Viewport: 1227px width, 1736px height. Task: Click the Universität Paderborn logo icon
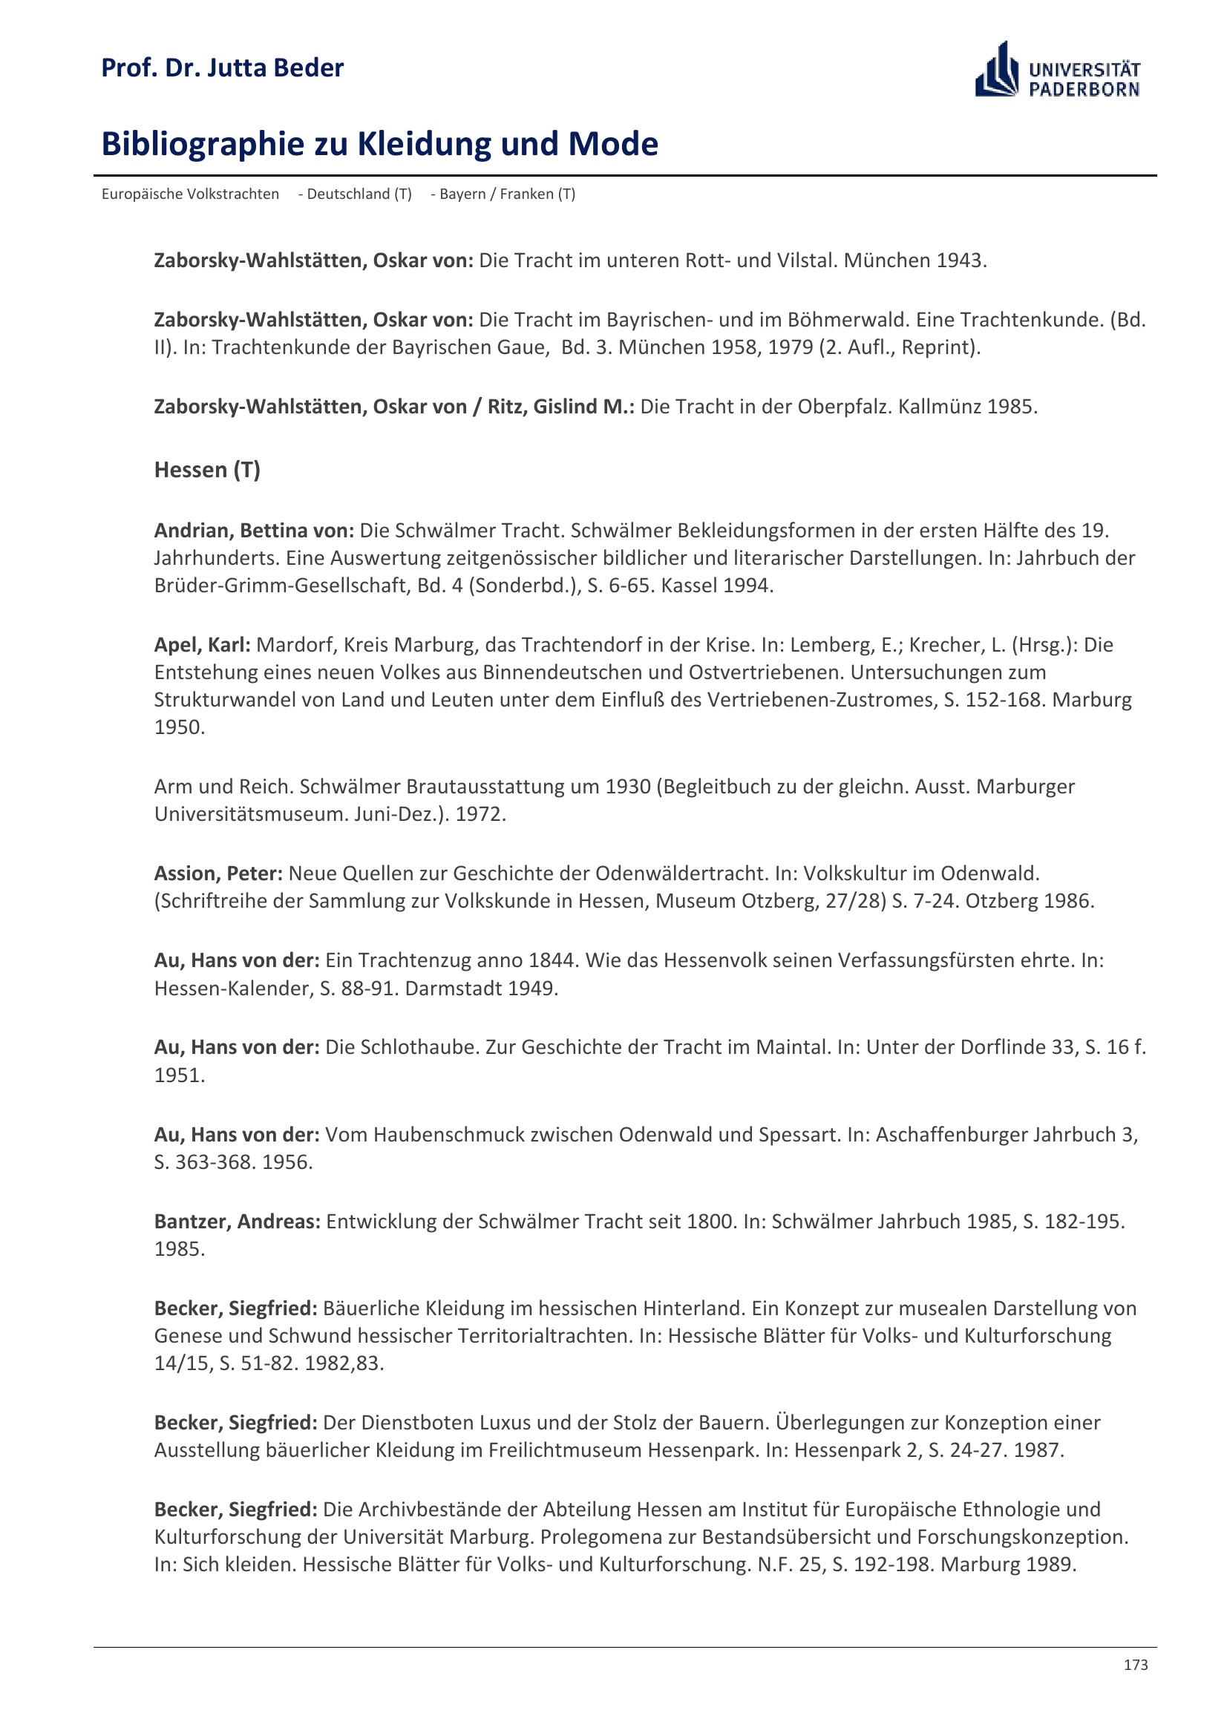click(x=996, y=71)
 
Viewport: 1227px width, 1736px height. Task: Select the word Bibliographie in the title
click(x=202, y=144)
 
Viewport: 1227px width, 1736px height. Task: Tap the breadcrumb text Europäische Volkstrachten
click(x=190, y=194)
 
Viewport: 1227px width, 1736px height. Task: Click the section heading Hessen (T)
click(x=207, y=471)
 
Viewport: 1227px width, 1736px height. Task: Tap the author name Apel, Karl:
click(x=202, y=645)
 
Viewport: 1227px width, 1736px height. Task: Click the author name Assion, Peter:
click(x=218, y=874)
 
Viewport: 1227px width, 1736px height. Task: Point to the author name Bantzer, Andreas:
click(x=238, y=1222)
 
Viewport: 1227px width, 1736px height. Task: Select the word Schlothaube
click(x=419, y=1048)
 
